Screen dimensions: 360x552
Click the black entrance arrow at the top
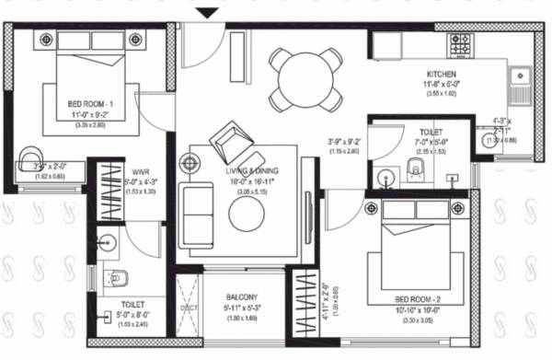[x=209, y=12]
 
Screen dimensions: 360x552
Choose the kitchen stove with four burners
[x=460, y=42]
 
